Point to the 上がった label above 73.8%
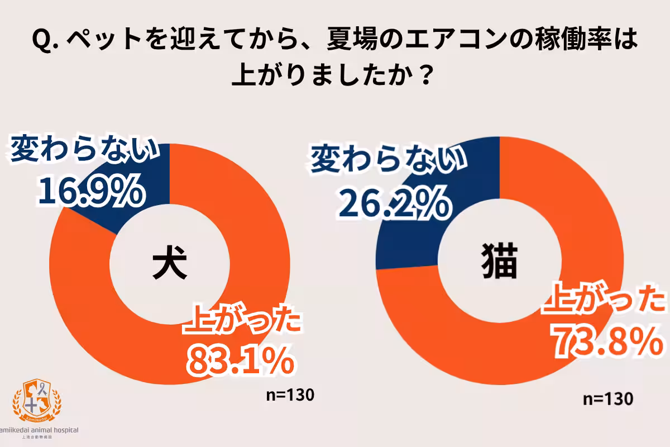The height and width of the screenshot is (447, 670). point(606,302)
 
